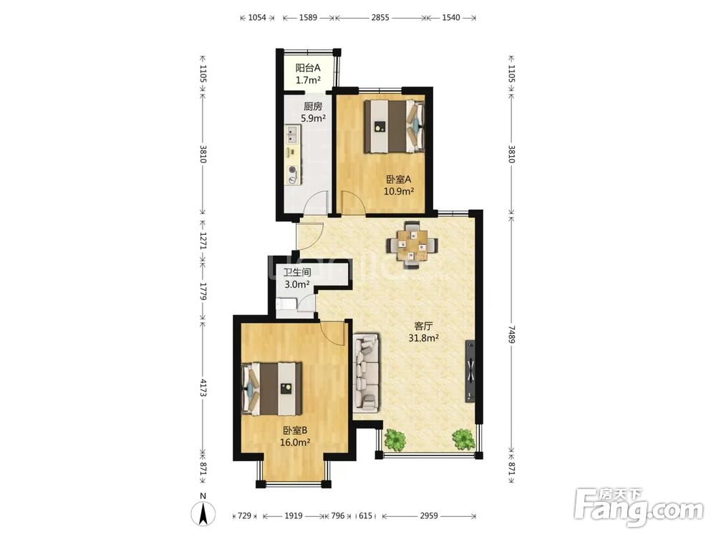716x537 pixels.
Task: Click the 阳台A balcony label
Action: (x=308, y=68)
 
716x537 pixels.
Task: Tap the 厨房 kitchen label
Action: (x=313, y=107)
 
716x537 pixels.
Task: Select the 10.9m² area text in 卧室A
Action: (x=399, y=191)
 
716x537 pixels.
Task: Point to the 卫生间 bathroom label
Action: (x=297, y=273)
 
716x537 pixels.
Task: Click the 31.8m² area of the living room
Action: (x=424, y=338)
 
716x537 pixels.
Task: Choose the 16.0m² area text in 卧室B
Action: (x=296, y=442)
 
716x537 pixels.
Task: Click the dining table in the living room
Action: (x=412, y=245)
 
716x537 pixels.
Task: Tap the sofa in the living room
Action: (x=366, y=372)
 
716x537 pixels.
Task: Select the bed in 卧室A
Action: (x=395, y=126)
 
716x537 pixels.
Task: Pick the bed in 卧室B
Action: (x=272, y=389)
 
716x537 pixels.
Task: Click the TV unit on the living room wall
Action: (x=470, y=371)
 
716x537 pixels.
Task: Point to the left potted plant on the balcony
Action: (x=395, y=440)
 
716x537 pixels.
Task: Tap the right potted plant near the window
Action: (x=463, y=439)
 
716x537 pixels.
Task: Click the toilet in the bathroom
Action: (x=286, y=304)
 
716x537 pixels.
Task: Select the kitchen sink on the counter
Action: (x=292, y=135)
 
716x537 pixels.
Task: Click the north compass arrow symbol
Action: (x=203, y=513)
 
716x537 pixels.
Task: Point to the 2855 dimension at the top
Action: (x=380, y=17)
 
